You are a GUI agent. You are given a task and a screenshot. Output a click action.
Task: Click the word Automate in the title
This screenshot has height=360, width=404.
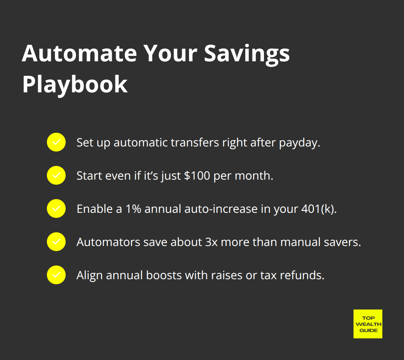pyautogui.click(x=79, y=53)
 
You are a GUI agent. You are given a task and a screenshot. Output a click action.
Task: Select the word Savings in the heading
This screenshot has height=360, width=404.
pyautogui.click(x=247, y=53)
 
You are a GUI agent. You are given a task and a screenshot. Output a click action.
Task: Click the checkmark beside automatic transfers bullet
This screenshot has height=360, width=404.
pyautogui.click(x=56, y=142)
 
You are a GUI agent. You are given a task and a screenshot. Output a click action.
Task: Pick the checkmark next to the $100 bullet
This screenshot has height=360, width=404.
pyautogui.click(x=56, y=175)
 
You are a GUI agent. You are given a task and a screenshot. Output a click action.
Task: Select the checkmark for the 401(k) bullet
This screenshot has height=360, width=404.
pyautogui.click(x=56, y=208)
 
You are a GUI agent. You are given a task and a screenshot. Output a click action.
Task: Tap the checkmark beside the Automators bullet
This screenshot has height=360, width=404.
pyautogui.click(x=56, y=242)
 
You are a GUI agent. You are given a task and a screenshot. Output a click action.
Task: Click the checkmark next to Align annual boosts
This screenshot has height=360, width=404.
pyautogui.click(x=56, y=275)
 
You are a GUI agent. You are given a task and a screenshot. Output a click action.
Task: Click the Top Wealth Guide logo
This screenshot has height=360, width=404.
pyautogui.click(x=368, y=324)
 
